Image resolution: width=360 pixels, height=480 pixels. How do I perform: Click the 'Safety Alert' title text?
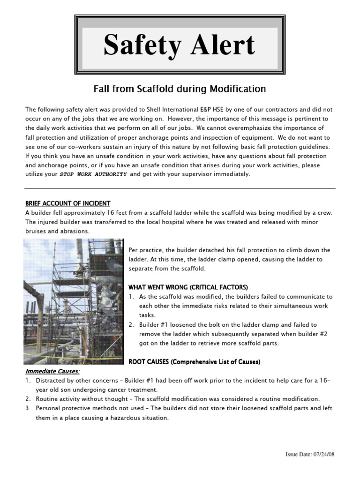click(180, 45)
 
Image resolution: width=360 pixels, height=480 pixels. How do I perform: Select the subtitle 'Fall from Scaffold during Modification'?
click(180, 89)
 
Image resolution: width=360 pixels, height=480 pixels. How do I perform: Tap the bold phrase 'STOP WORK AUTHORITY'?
click(93, 174)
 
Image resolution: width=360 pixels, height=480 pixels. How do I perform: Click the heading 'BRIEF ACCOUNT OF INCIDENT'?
click(68, 203)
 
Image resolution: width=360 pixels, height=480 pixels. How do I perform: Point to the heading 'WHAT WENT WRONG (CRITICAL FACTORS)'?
click(188, 287)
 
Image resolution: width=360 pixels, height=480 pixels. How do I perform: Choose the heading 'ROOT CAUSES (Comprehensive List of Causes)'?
click(195, 362)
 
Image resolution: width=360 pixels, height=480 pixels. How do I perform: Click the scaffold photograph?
click(74, 301)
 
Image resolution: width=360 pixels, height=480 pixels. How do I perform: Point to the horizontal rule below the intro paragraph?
click(180, 188)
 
